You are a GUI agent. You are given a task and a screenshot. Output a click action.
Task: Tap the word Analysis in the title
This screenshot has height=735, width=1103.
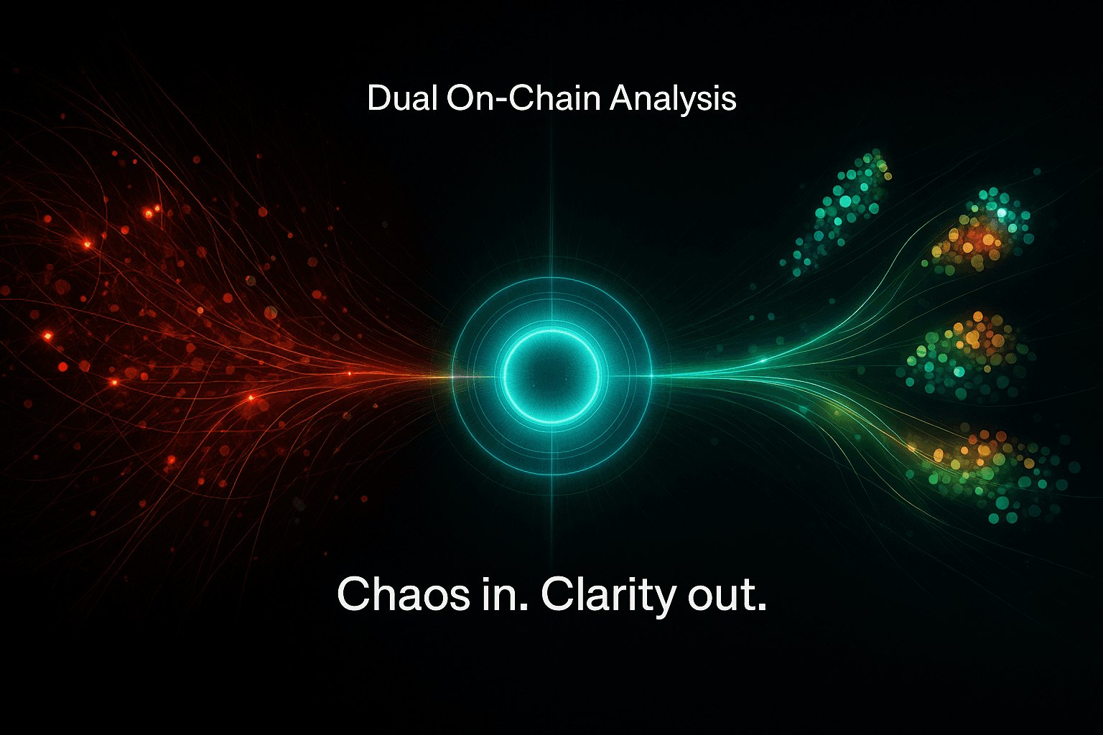pyautogui.click(x=673, y=99)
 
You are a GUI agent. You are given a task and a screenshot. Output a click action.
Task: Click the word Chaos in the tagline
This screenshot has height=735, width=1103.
pyautogui.click(x=403, y=594)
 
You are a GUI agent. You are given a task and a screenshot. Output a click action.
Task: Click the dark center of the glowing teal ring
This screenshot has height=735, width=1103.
pyautogui.click(x=551, y=374)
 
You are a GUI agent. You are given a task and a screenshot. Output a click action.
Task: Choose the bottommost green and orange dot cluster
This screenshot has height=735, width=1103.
pyautogui.click(x=984, y=467)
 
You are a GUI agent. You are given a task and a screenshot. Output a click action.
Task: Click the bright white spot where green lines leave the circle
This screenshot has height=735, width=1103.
pyautogui.click(x=652, y=375)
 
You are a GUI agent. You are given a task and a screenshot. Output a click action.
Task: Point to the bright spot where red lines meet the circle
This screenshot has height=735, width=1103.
pyautogui.click(x=452, y=375)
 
